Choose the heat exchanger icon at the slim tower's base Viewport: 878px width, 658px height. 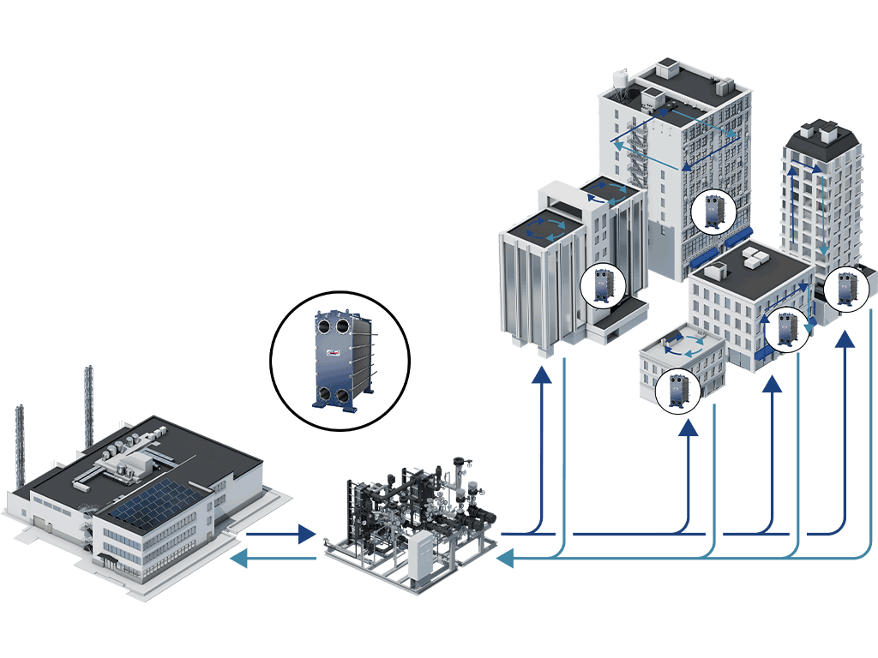click(847, 287)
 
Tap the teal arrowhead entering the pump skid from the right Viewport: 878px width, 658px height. click(505, 559)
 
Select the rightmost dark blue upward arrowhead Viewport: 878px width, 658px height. click(845, 340)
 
